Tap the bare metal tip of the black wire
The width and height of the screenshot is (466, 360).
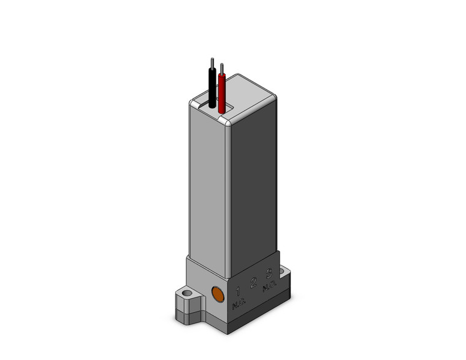click(212, 63)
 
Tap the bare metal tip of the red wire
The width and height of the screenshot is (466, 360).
click(221, 67)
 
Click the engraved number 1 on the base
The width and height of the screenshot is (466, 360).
click(238, 289)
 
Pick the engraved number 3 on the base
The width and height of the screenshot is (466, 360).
click(269, 274)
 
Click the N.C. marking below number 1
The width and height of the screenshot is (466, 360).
click(238, 302)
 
